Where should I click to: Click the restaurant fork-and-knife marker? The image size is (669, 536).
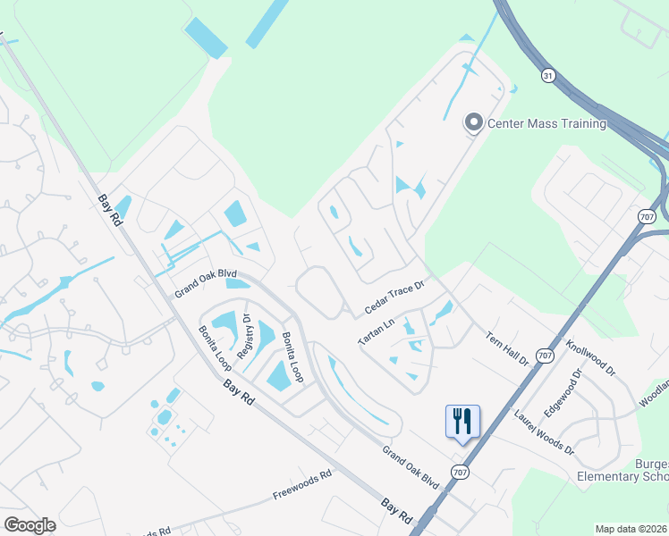[462, 421]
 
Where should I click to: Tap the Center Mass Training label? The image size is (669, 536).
[547, 123]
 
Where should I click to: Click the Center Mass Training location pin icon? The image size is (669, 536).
[473, 122]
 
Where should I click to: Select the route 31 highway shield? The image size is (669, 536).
[547, 76]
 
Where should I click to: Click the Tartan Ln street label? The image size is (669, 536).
[377, 331]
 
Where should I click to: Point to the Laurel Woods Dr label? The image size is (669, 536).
[544, 432]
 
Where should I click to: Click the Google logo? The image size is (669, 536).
[30, 524]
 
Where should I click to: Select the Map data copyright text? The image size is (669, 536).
[631, 529]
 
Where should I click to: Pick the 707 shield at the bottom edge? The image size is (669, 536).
[460, 472]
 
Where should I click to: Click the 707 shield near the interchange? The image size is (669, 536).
[648, 216]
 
